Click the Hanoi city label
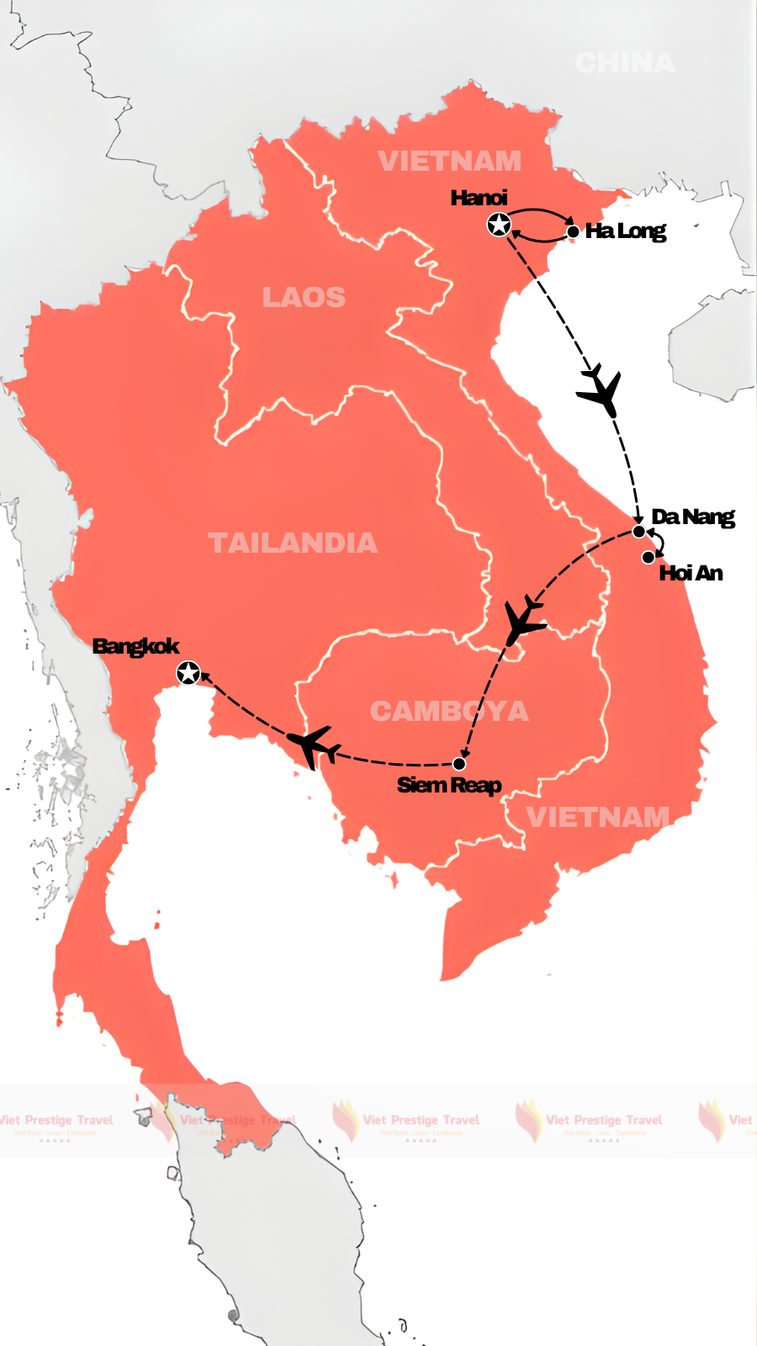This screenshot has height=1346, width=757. pos(479,198)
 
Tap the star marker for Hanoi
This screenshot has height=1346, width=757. pos(499,225)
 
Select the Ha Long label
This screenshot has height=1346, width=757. pos(625,231)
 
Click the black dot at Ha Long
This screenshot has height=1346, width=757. pos(573,231)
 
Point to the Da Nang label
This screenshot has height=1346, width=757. pos(692,517)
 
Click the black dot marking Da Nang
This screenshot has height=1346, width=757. pos(639,532)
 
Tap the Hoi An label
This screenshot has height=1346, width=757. pos(691,573)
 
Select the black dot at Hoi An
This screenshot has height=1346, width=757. pos(648,557)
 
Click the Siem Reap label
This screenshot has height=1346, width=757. pos(449,785)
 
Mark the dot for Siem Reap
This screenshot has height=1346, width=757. pos(459,764)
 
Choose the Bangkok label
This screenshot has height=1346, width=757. pos(135,646)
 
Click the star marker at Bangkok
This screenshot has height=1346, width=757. pos(188,673)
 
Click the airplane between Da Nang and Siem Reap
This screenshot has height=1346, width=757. pos(524,621)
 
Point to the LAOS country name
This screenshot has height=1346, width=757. pos(304,298)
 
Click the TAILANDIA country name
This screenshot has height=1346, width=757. pos(292,543)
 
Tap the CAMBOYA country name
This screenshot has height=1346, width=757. pos(449,712)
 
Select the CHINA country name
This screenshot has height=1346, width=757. pos(624,63)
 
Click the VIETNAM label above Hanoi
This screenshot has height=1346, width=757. pos(449,161)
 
